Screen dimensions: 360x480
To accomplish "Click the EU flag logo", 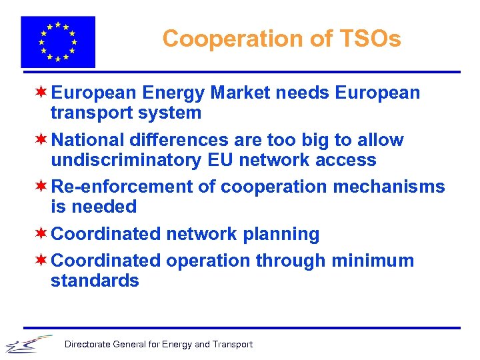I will pyautogui.click(x=58, y=41).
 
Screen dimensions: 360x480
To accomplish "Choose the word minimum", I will pyautogui.click(x=379, y=261).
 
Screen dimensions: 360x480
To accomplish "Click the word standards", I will pyautogui.click(x=95, y=281).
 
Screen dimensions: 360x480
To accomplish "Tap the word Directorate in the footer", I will pyautogui.click(x=87, y=345).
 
